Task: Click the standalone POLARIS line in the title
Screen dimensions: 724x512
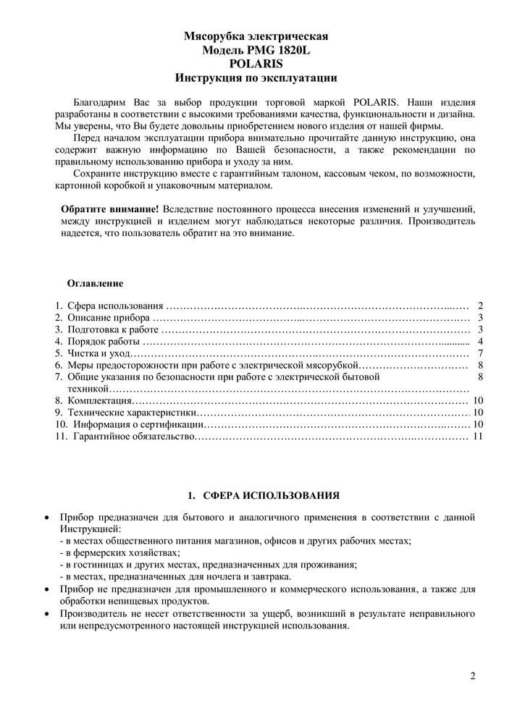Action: pos(256,63)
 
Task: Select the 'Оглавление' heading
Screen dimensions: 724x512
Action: pos(95,282)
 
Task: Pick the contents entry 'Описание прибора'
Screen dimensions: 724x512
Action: pos(109,318)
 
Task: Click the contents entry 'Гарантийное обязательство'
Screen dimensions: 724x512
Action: pos(134,437)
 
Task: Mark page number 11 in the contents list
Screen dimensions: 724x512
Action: pos(477,437)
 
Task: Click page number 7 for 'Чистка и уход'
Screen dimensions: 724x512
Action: pos(480,353)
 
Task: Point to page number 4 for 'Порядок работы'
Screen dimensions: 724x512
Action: pos(480,342)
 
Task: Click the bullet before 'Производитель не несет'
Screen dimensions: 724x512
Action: pos(47,615)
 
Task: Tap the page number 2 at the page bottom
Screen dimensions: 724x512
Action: pos(473,677)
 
